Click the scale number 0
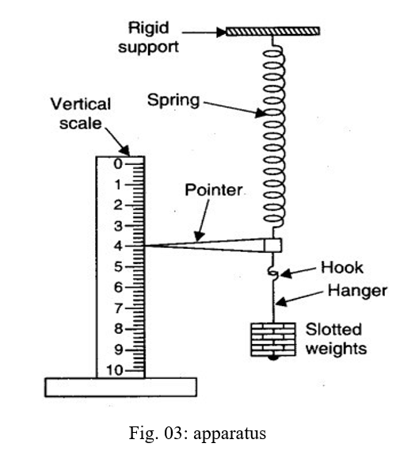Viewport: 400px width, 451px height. coord(117,163)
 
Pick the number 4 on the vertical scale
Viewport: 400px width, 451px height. coord(117,246)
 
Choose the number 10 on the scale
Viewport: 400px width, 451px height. coord(115,370)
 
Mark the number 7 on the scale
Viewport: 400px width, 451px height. coord(117,308)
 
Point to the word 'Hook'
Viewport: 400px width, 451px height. coord(337,268)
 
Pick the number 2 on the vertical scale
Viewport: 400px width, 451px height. coord(117,204)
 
